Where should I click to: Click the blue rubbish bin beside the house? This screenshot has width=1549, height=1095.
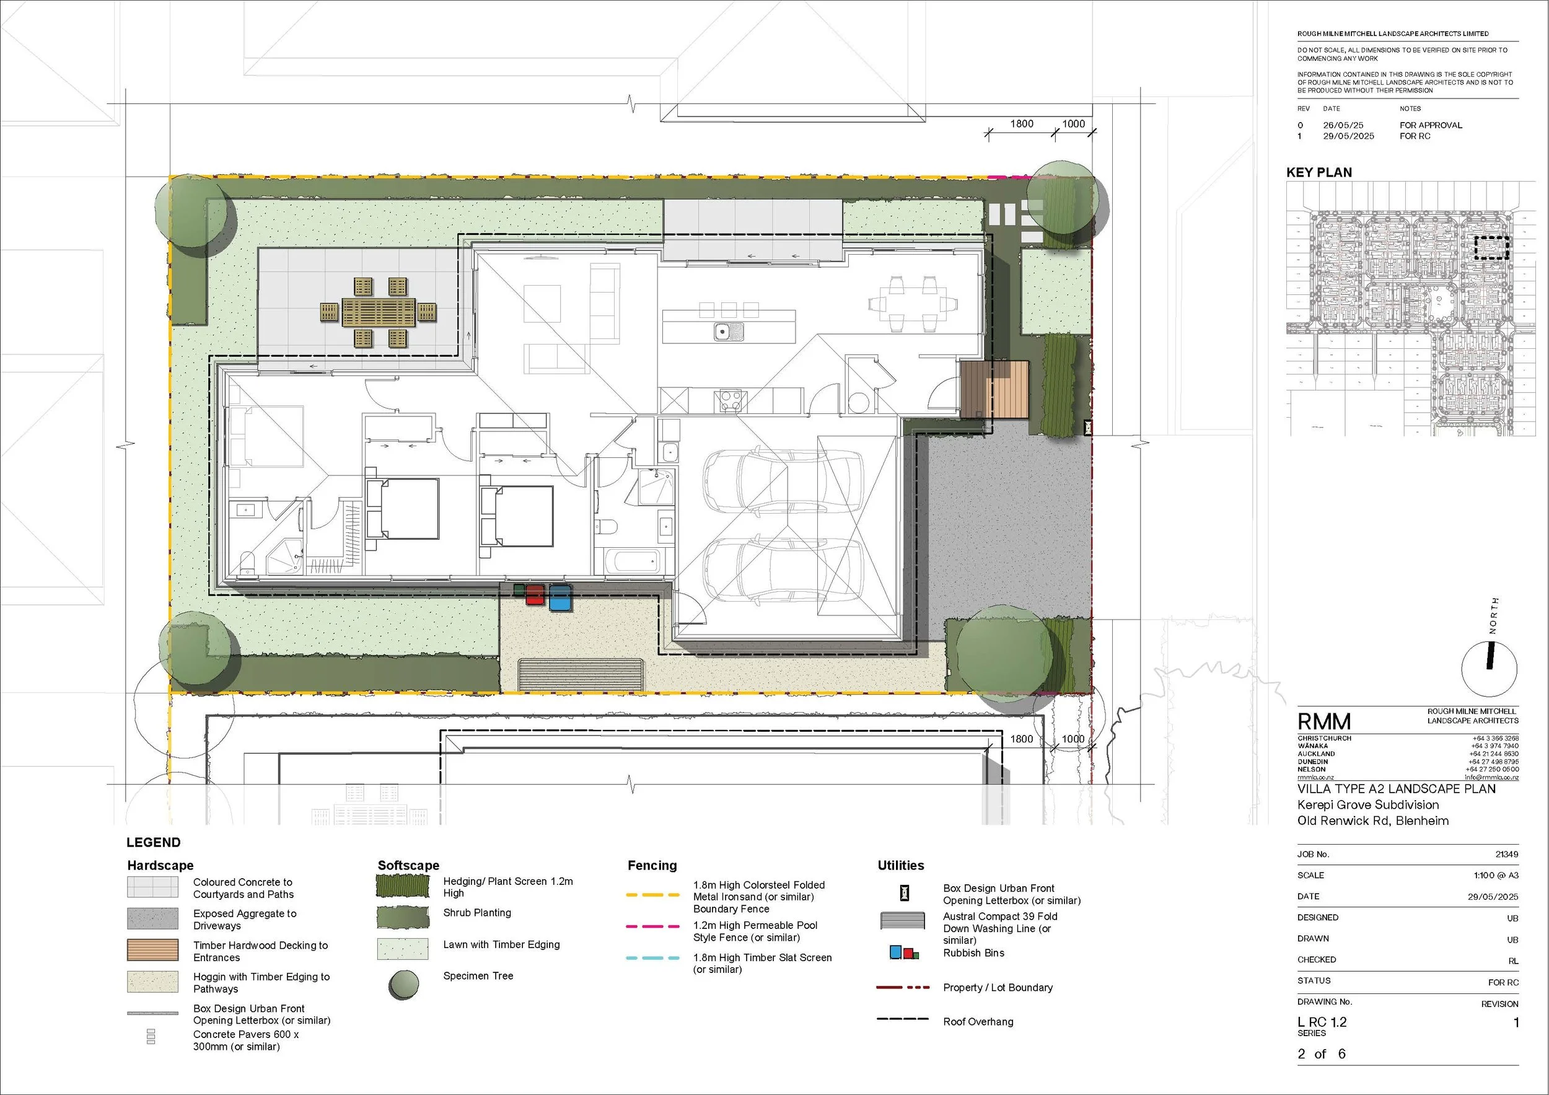coord(560,599)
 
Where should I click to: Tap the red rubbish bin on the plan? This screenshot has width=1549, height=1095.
coord(534,595)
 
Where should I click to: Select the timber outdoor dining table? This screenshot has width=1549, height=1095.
coord(379,313)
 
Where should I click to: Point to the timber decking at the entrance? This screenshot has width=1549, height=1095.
coord(994,389)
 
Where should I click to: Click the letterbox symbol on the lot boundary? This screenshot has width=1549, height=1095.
coord(1087,427)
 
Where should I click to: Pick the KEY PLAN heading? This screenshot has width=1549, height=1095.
coord(1319,173)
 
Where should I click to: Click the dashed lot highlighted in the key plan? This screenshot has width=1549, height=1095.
coord(1490,248)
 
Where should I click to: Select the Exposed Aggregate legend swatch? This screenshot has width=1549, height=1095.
coord(153,919)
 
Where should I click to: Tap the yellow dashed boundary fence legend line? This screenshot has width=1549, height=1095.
coord(652,895)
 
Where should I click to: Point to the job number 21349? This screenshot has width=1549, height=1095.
coord(1506,854)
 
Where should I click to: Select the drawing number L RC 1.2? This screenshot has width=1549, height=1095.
coord(1322,1022)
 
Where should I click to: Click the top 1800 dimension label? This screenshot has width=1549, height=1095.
coord(1022,124)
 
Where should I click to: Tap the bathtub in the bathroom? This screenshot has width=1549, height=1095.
coord(632,561)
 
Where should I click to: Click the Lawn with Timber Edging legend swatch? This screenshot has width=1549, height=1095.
coord(403,949)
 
